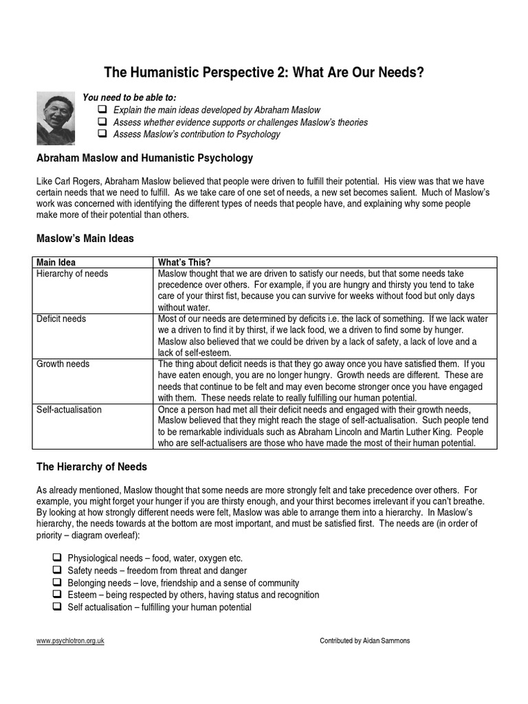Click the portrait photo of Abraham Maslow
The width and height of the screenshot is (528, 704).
(x=56, y=119)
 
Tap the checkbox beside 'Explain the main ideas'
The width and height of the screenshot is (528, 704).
(x=102, y=110)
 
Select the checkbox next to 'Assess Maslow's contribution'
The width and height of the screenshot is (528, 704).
(x=102, y=133)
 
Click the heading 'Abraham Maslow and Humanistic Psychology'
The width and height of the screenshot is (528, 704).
(x=144, y=158)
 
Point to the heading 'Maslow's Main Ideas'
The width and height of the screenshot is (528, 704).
(x=85, y=239)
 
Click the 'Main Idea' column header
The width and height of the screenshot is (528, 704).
(x=56, y=263)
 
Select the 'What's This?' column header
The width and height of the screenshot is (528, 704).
(x=184, y=263)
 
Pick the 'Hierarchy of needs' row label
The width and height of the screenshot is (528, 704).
(x=72, y=274)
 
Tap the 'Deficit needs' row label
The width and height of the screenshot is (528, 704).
(x=61, y=319)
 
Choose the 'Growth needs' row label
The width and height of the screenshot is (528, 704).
(x=63, y=364)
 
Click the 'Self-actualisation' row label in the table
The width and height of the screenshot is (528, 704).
(x=69, y=410)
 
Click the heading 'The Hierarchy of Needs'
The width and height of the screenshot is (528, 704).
(x=91, y=467)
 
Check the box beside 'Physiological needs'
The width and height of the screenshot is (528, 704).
(x=57, y=558)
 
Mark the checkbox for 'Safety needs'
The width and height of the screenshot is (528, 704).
(x=57, y=570)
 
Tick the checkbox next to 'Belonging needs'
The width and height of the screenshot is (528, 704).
(x=57, y=582)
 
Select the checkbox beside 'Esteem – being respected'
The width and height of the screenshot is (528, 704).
(x=57, y=595)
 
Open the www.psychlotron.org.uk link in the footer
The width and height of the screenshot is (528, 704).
(x=70, y=641)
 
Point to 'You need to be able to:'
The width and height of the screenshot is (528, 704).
(x=129, y=98)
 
